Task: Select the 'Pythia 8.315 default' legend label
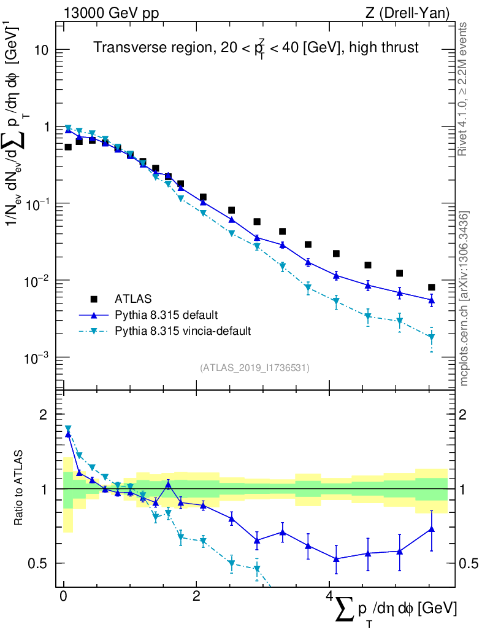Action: pos(166,316)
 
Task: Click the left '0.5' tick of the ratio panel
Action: pos(43,563)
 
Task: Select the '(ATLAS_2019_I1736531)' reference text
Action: pos(254,368)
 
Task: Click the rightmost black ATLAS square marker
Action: pos(432,287)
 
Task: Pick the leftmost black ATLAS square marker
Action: pos(68,147)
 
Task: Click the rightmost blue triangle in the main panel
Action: pos(432,300)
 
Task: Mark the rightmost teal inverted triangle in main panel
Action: pos(432,337)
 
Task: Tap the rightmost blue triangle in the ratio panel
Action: pos(432,528)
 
